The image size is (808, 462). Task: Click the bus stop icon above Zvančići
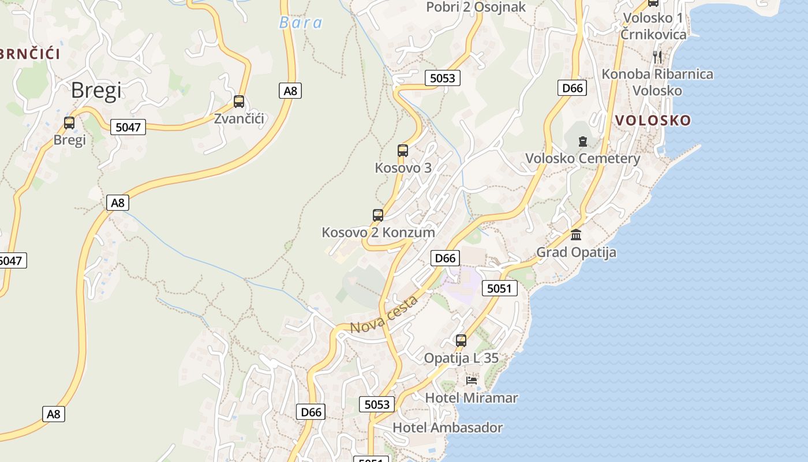pos(239,102)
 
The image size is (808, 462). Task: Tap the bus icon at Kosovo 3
pos(403,151)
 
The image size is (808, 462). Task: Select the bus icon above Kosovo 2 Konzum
pos(378,215)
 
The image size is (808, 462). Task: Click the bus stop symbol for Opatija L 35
pos(461,341)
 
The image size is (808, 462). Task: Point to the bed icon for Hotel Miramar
pos(472,381)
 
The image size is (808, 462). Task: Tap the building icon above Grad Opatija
pos(576,235)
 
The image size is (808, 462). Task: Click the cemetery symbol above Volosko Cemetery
pos(583,141)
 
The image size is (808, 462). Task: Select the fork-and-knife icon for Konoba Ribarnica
pos(657,57)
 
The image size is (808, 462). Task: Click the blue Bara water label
pos(301,23)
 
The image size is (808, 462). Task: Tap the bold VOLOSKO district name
pos(653,120)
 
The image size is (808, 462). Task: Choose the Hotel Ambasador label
pos(448,428)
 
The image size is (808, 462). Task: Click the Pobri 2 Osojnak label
pos(476,7)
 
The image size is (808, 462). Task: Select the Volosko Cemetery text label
pos(583,158)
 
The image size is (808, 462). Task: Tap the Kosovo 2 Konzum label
pos(378,232)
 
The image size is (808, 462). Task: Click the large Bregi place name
pos(96,91)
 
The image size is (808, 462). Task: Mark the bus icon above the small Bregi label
pos(69,123)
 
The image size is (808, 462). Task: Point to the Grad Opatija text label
pos(576,252)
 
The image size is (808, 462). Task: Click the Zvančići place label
pos(239,119)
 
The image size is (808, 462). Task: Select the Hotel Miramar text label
pos(472,398)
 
